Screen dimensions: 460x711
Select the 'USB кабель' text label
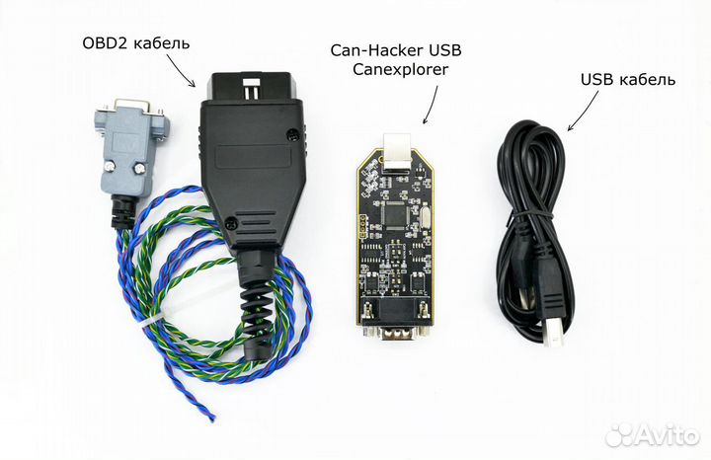pyautogui.click(x=627, y=79)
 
